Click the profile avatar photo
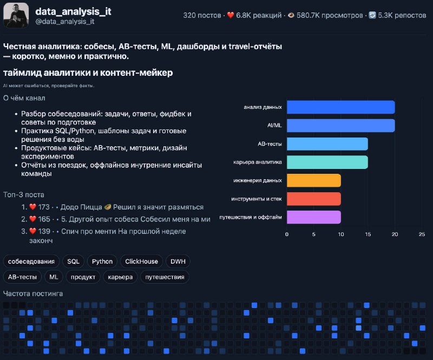tap(16, 15)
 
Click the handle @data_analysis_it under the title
tap(65, 22)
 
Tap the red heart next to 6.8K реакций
tap(231, 15)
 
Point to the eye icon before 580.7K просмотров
tap(291, 15)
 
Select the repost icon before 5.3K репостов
tap(372, 15)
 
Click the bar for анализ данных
tap(341, 107)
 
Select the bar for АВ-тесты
tap(327, 144)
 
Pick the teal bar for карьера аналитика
tap(327, 162)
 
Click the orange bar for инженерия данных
tap(314, 180)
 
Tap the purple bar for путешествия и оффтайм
tap(314, 217)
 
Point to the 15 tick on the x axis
tap(368, 234)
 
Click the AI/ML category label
tap(274, 126)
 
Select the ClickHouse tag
tap(141, 261)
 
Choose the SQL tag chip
tap(73, 261)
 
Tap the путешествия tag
tap(165, 277)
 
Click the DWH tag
tap(178, 261)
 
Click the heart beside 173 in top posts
tap(33, 207)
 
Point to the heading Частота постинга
tap(33, 294)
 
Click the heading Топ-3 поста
tap(24, 195)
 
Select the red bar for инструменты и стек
tap(314, 199)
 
